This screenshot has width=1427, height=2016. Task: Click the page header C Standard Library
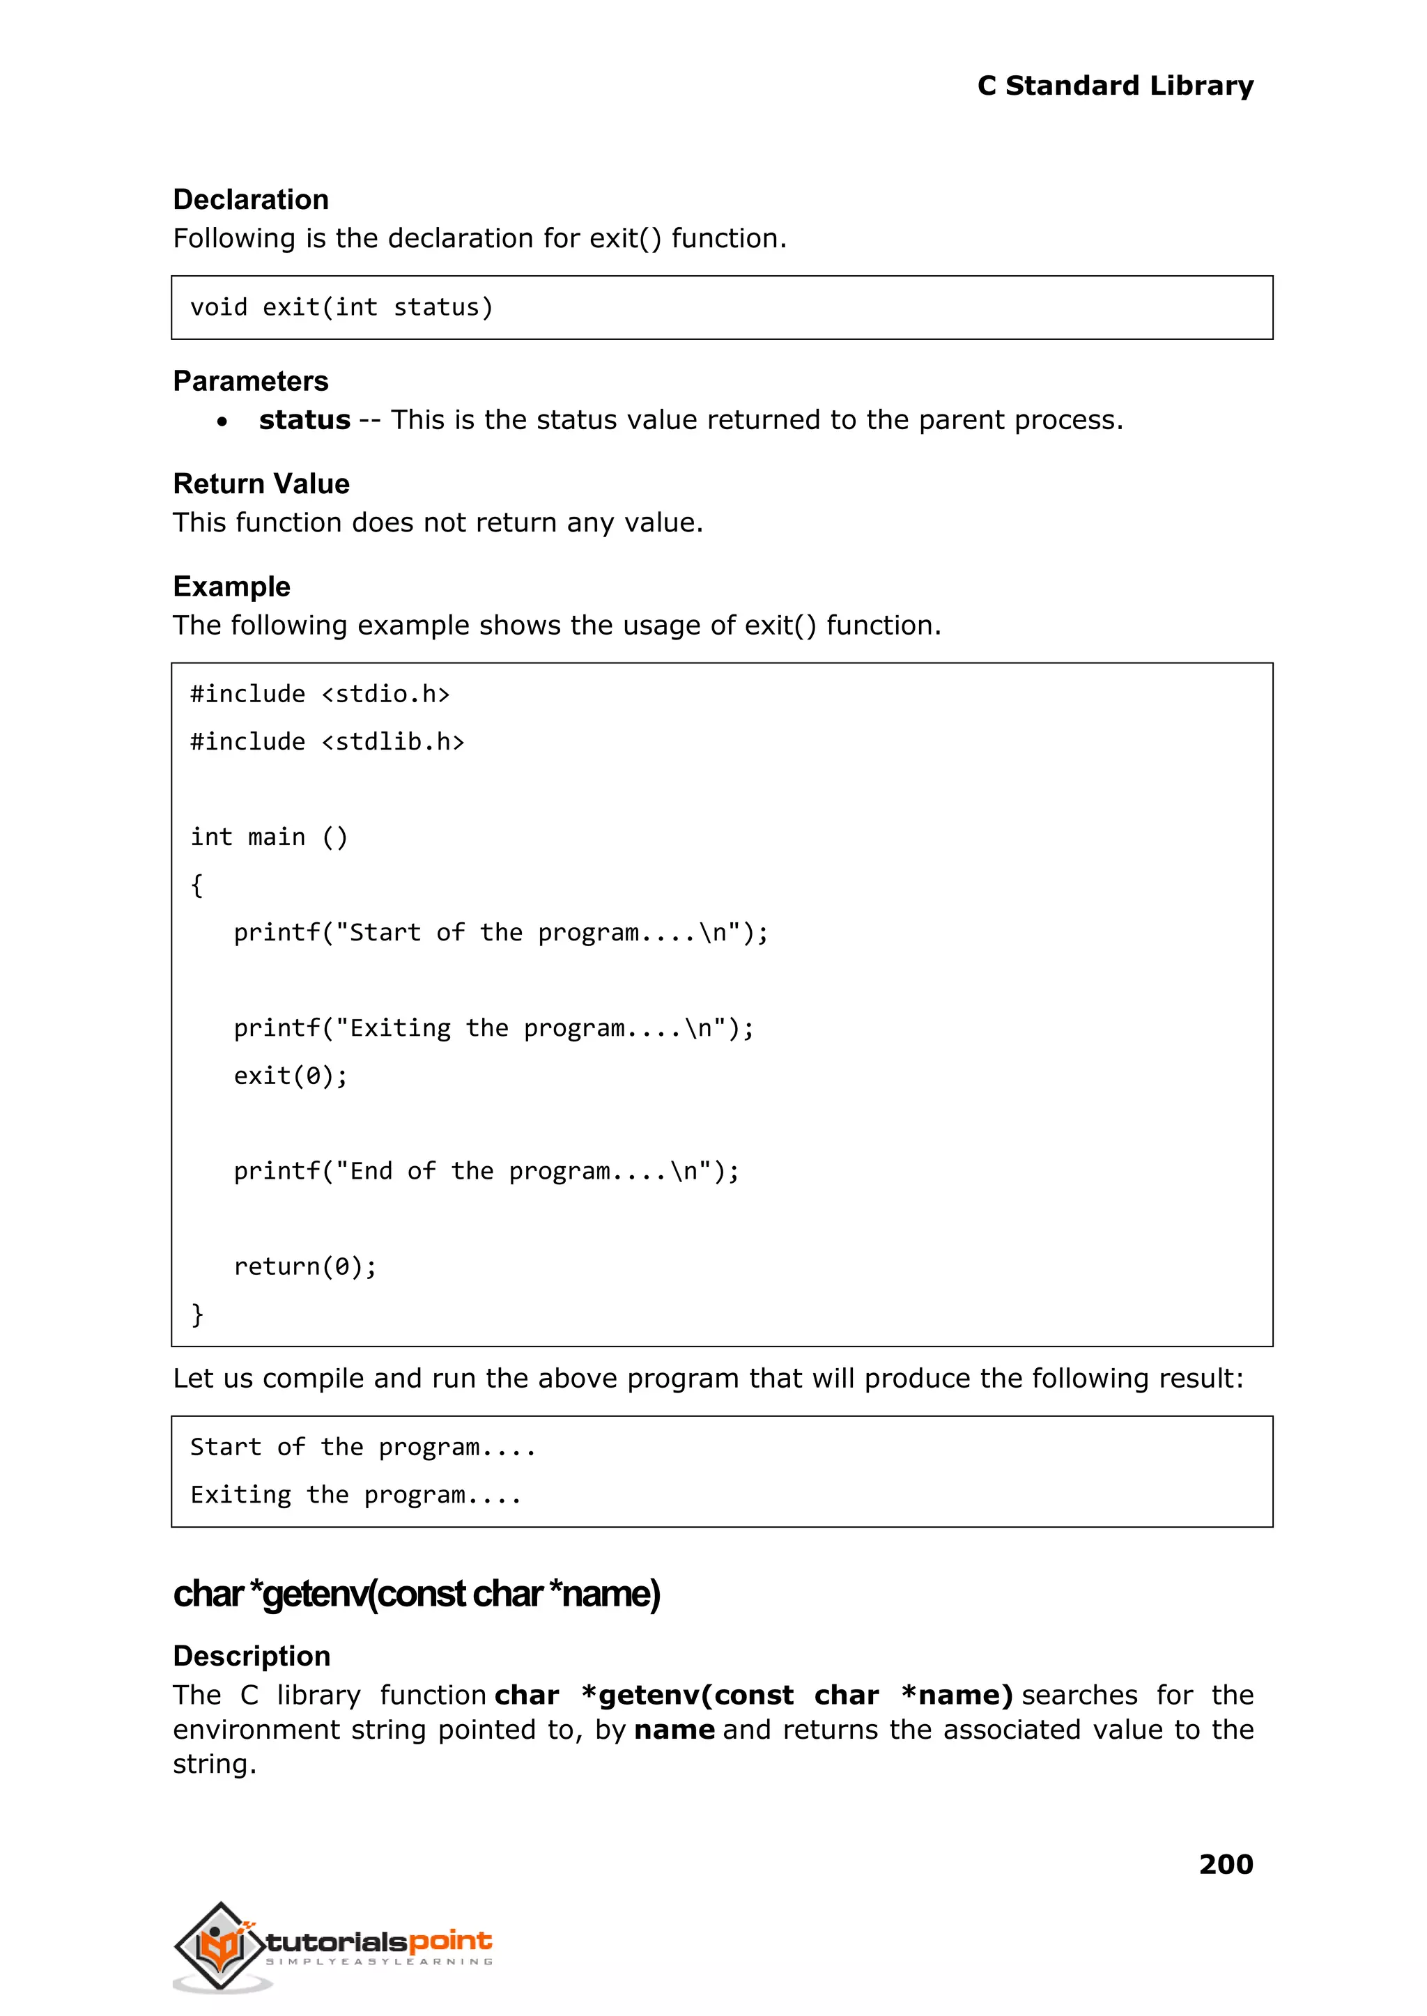(1114, 86)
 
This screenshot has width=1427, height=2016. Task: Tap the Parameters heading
(250, 381)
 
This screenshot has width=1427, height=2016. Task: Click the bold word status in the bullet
(304, 420)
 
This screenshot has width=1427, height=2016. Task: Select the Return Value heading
(261, 484)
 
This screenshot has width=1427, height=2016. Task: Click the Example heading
(231, 587)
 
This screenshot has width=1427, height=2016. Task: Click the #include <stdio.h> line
(320, 694)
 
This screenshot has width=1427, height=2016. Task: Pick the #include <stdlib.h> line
(327, 743)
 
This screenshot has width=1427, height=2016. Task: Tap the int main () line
(269, 837)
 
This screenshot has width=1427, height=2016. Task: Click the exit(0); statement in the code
(291, 1076)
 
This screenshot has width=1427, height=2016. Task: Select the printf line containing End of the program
(486, 1171)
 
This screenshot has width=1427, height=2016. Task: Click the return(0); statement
(305, 1266)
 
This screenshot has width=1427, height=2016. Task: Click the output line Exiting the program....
(356, 1495)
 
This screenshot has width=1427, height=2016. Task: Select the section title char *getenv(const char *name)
(417, 1595)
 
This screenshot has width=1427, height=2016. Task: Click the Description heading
(252, 1656)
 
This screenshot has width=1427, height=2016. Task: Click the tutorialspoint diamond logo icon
(221, 1946)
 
